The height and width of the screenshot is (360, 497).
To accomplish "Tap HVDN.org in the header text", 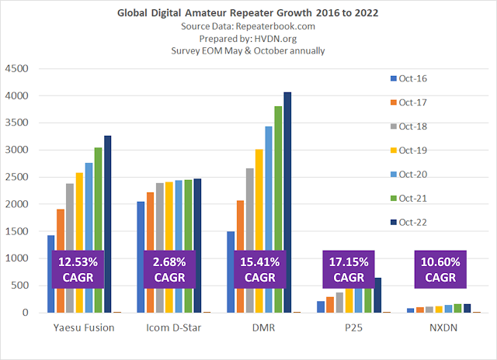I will [x=272, y=39].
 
